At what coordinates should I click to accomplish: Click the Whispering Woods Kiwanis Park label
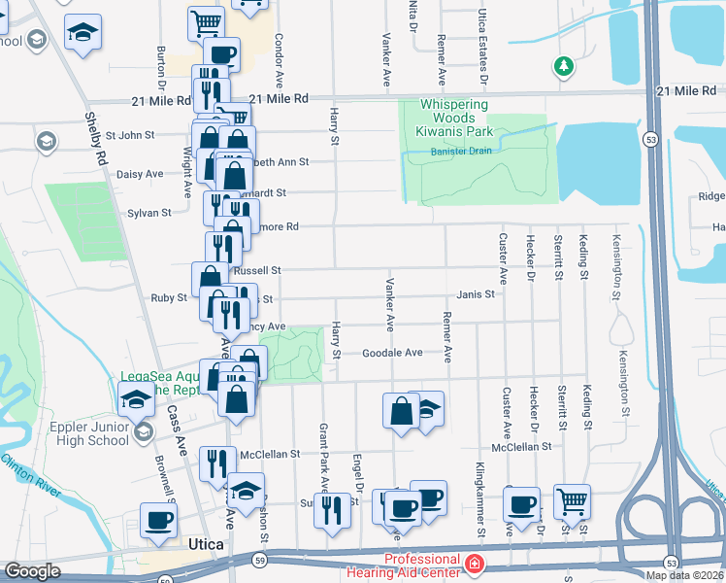456,119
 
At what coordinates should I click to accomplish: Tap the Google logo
32,571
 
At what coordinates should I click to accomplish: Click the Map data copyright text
684,575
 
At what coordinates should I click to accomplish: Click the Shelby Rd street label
96,140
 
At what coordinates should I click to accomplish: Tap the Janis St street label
477,294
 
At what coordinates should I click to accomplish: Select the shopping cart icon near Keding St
573,500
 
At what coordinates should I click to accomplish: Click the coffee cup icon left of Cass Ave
159,518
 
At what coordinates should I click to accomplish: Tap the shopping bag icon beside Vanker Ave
401,410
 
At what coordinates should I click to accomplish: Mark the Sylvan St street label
149,212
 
